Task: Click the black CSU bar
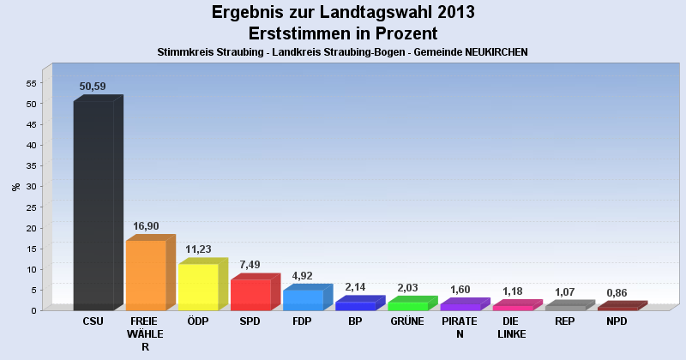tap(93, 205)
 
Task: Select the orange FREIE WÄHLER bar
tap(146, 275)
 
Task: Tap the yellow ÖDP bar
tap(198, 287)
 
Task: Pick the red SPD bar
tap(250, 295)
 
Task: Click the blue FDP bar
tap(303, 300)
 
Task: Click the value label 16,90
tap(146, 226)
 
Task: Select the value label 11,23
tap(198, 249)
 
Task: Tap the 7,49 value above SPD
tap(250, 265)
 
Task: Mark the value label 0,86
tap(617, 292)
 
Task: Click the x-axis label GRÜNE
tap(407, 321)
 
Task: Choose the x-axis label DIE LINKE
tap(512, 327)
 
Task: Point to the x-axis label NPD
tap(617, 321)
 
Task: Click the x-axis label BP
tap(355, 321)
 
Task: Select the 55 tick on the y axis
tap(31, 83)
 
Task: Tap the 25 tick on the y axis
tap(31, 207)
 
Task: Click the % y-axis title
tap(15, 186)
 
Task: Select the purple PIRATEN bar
tap(460, 306)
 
